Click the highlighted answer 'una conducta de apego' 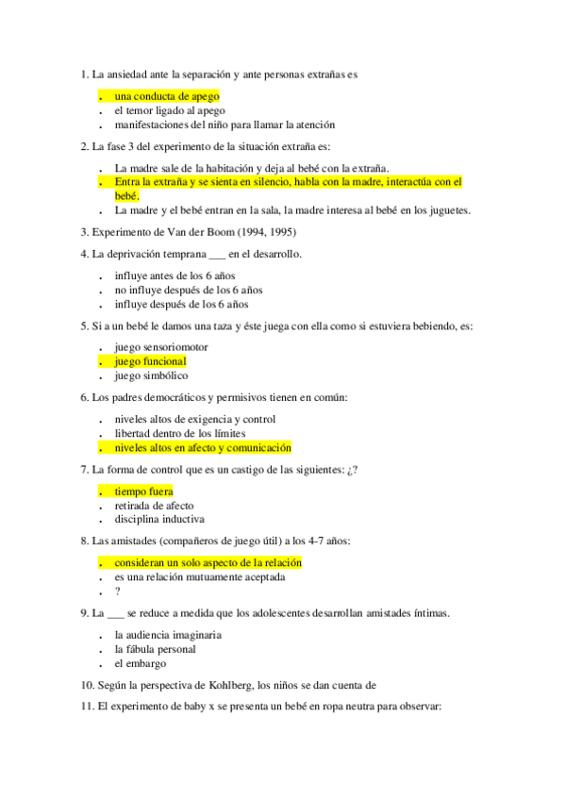pyautogui.click(x=166, y=96)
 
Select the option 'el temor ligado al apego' pyautogui.click(x=170, y=110)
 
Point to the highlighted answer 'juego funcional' pyautogui.click(x=150, y=361)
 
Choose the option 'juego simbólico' pyautogui.click(x=151, y=375)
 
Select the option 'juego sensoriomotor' pyautogui.click(x=161, y=347)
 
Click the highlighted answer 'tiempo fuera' pyautogui.click(x=143, y=492)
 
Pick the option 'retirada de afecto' pyautogui.click(x=154, y=506)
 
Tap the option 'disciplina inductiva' pyautogui.click(x=158, y=519)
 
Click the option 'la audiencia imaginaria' pyautogui.click(x=168, y=635)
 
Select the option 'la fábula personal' pyautogui.click(x=155, y=649)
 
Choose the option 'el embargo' pyautogui.click(x=140, y=663)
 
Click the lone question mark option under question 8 pyautogui.click(x=118, y=592)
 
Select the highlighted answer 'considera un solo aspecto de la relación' pyautogui.click(x=208, y=563)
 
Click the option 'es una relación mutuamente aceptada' pyautogui.click(x=205, y=577)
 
